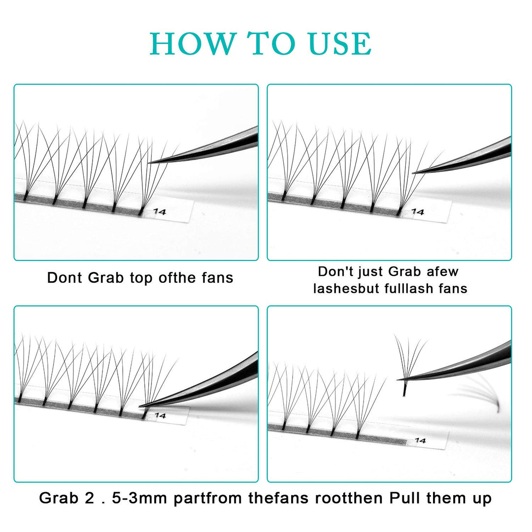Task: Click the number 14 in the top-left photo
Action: pyautogui.click(x=160, y=212)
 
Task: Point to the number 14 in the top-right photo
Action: pyautogui.click(x=418, y=212)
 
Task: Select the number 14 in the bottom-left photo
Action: pyautogui.click(x=160, y=415)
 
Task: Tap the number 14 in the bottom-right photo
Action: pyautogui.click(x=420, y=440)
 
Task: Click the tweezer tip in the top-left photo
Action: pyautogui.click(x=149, y=163)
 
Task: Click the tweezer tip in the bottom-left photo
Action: pyautogui.click(x=140, y=406)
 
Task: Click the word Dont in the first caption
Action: pyautogui.click(x=65, y=277)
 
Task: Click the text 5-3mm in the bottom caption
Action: pyautogui.click(x=139, y=498)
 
